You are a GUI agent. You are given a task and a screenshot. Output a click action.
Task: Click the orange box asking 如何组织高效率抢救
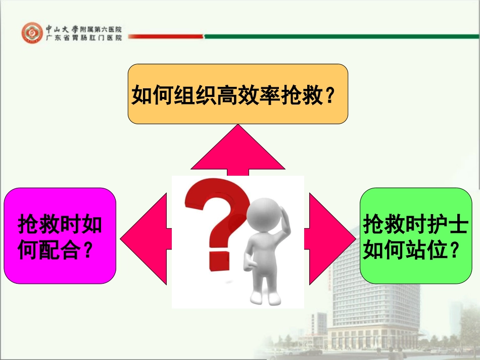237,94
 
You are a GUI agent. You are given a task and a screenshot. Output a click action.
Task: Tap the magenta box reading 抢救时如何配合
60,235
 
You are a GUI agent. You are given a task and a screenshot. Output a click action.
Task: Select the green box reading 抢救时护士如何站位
415,235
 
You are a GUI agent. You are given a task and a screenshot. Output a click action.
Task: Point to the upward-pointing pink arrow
237,151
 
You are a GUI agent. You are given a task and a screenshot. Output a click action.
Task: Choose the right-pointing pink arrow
331,237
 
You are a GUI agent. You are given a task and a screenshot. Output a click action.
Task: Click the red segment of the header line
167,36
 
